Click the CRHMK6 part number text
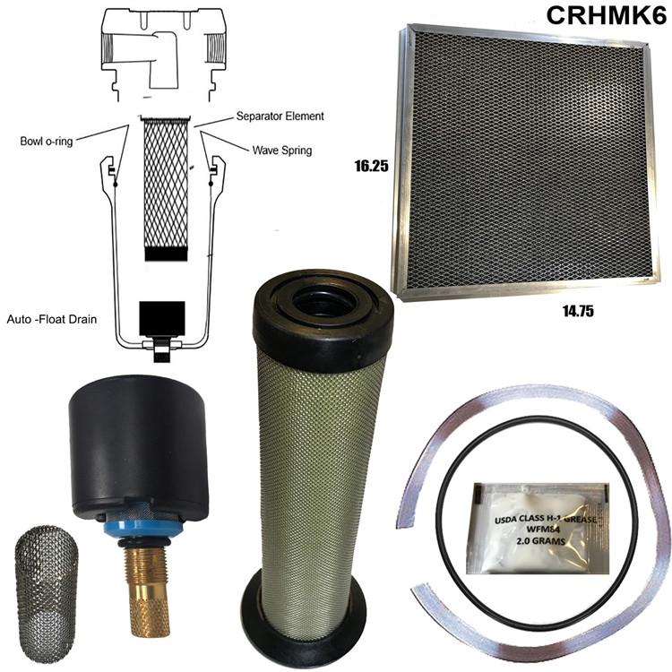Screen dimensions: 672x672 click(600, 17)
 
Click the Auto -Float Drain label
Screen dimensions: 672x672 click(52, 318)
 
